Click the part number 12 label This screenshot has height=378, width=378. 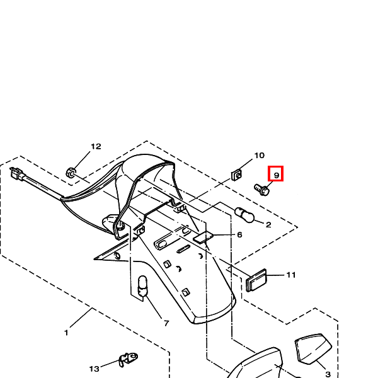[96, 146]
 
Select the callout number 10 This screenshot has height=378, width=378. [260, 156]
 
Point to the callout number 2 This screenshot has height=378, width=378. [268, 225]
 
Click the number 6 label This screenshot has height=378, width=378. [239, 234]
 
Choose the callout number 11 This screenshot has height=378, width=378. [291, 275]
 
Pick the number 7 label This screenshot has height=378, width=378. [166, 323]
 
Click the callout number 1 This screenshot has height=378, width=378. [66, 333]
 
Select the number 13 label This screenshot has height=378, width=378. [94, 369]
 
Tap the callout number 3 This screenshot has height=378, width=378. [328, 374]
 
